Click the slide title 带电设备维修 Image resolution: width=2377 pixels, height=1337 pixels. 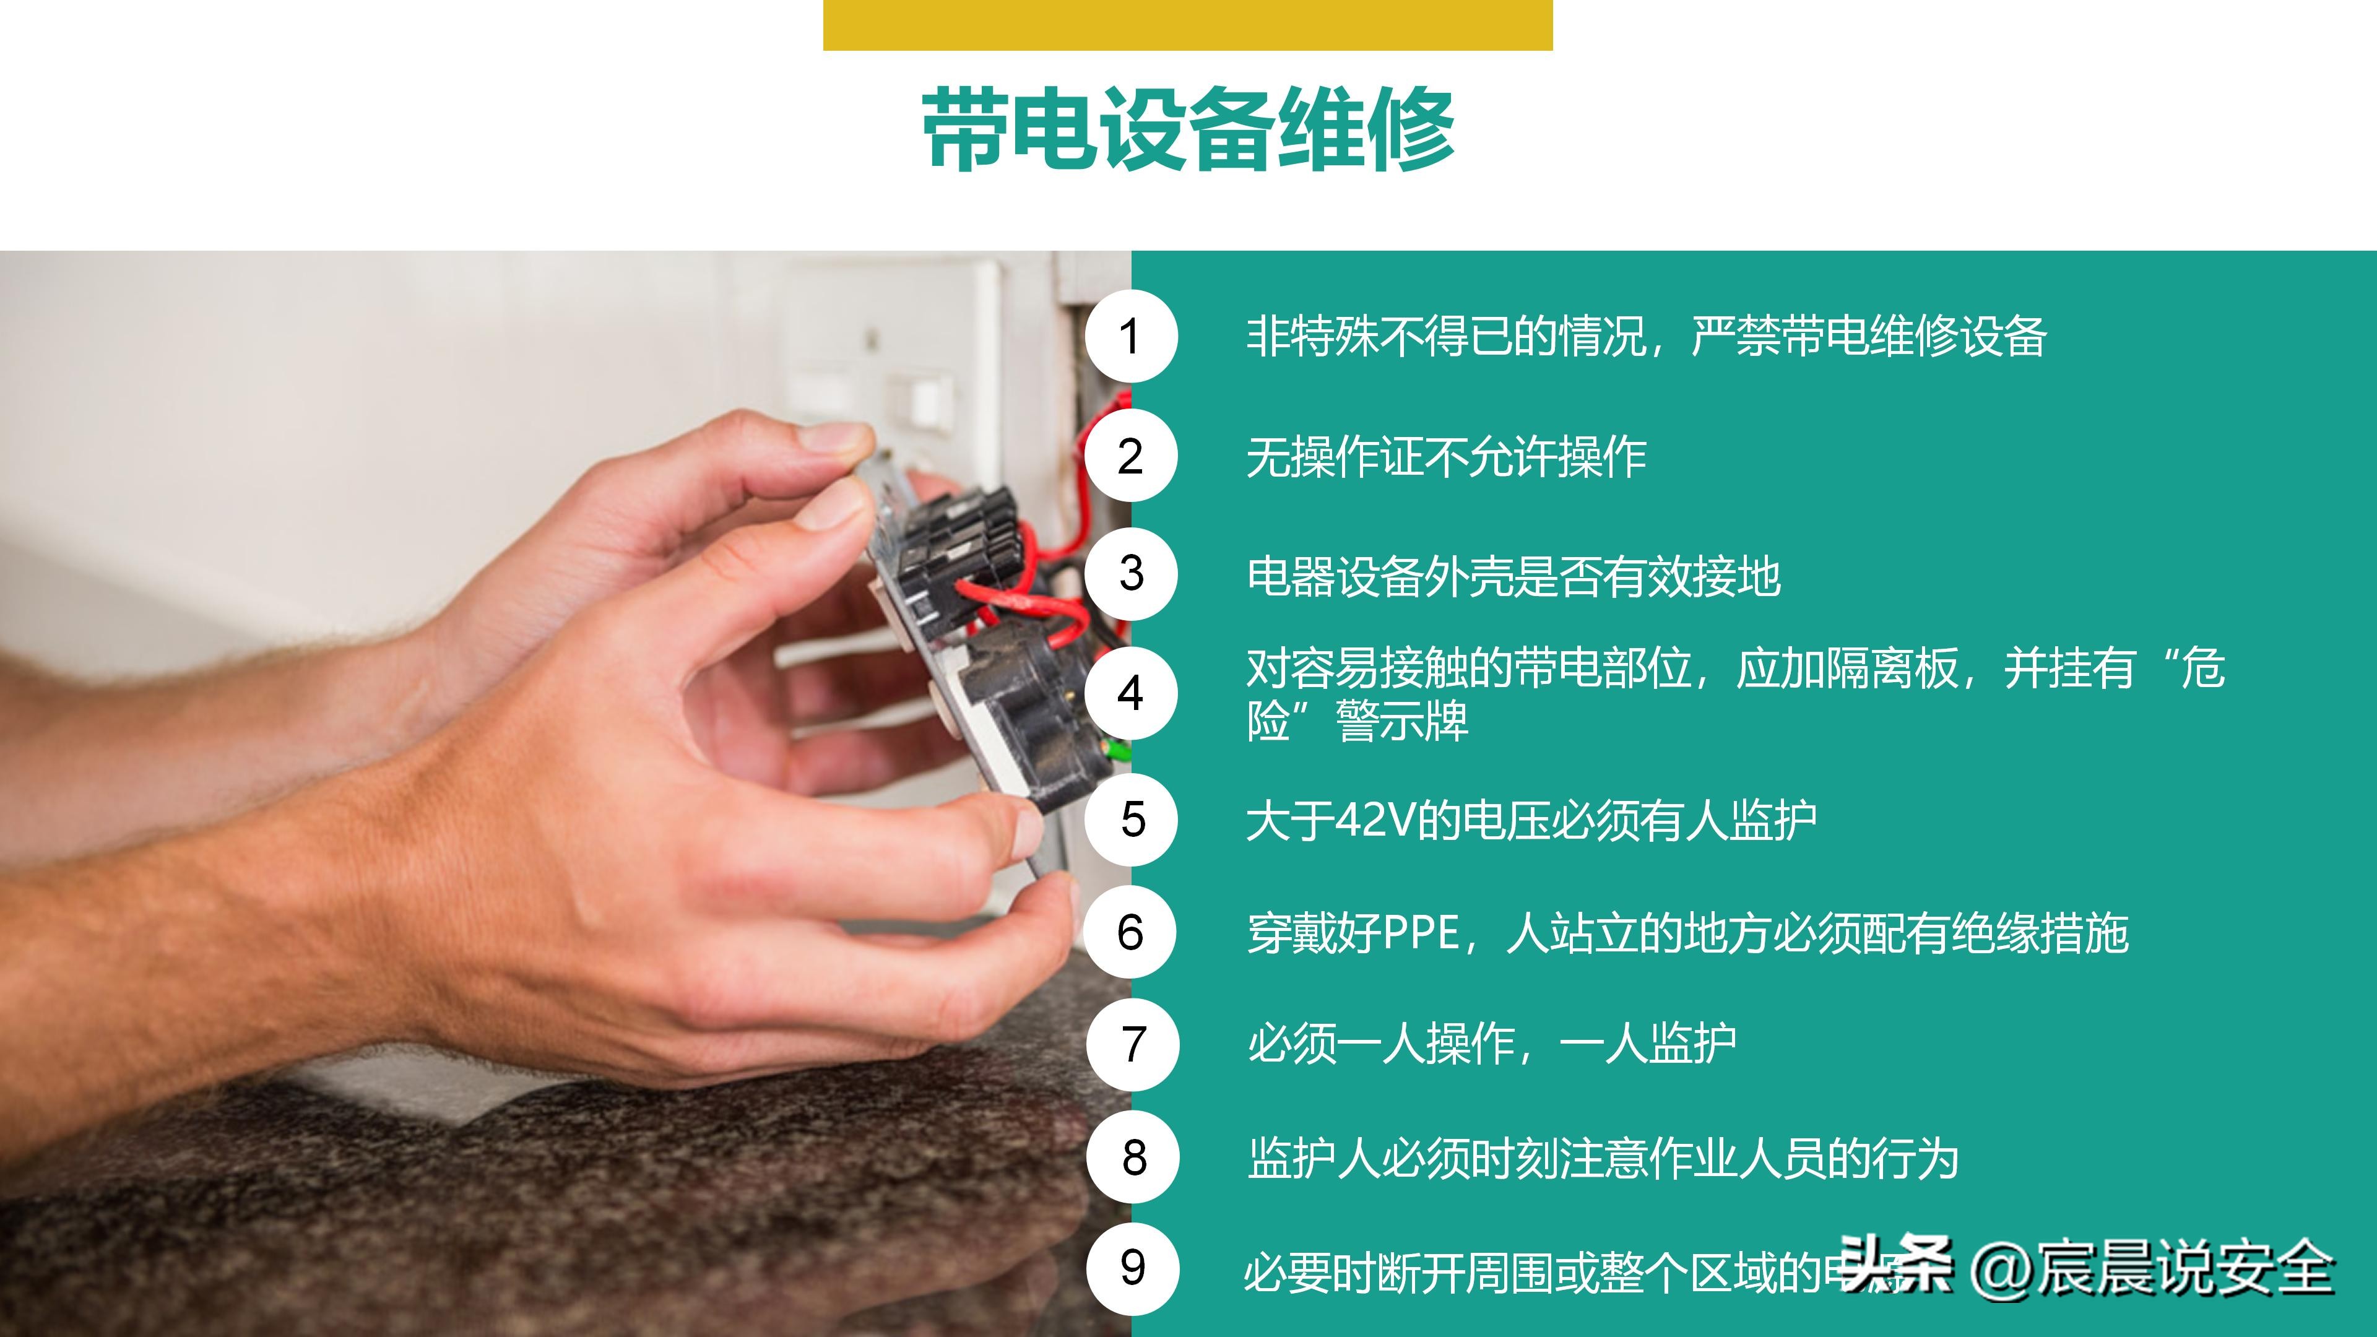pyautogui.click(x=1188, y=129)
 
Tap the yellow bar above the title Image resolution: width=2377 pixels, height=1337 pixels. pyautogui.click(x=1188, y=25)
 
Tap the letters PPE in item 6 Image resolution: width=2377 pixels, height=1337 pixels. pyautogui.click(x=1421, y=933)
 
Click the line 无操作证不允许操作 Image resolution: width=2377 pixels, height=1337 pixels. pyautogui.click(x=1446, y=457)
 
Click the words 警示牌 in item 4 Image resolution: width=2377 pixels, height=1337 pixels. pyautogui.click(x=1403, y=722)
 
